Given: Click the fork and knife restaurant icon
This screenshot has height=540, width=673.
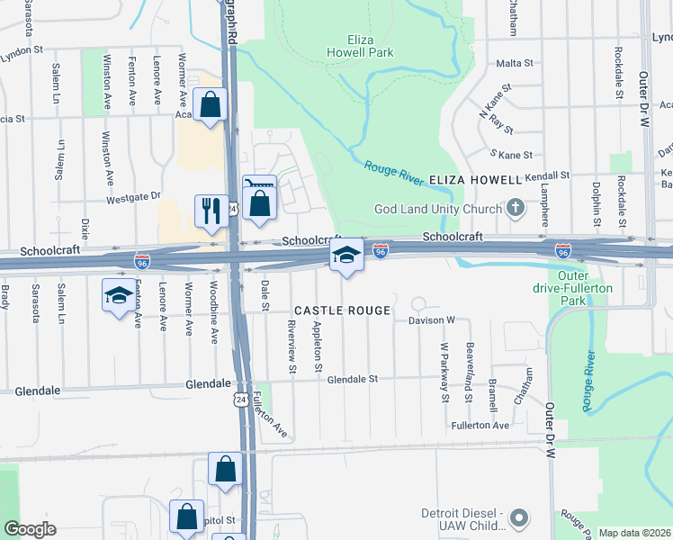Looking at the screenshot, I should coord(211,211).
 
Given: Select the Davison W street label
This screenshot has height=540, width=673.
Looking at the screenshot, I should coord(433,319).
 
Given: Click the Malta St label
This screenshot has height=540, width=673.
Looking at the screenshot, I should coord(515,64).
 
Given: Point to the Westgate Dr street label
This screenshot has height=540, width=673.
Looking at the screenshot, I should coord(133,196).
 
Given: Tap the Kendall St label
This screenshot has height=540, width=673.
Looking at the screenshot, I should coord(549,175).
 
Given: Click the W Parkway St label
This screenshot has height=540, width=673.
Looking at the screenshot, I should coord(444,371).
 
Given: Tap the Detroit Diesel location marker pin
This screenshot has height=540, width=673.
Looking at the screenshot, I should coord(519,517).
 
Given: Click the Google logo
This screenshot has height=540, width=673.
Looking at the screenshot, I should coord(31,529).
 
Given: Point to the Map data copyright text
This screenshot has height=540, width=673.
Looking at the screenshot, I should coord(634,533).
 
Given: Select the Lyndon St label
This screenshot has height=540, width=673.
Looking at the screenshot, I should coord(22,52).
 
